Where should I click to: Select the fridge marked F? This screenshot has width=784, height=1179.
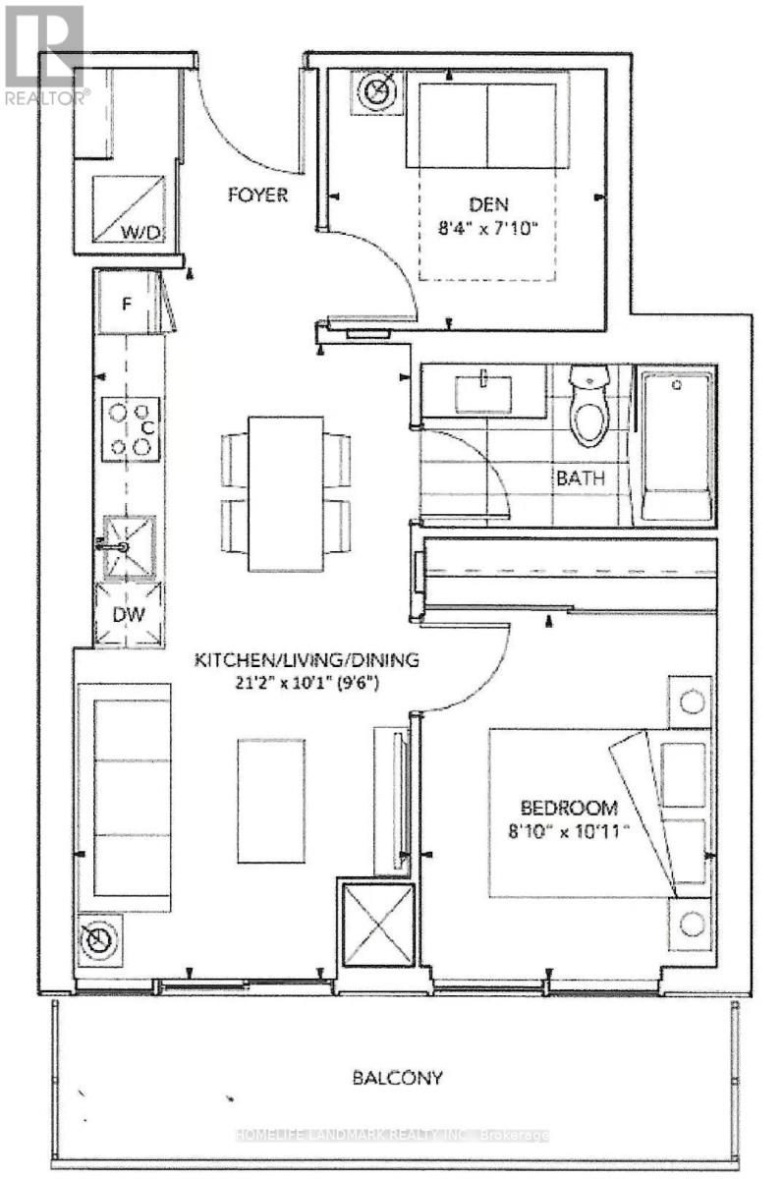126,303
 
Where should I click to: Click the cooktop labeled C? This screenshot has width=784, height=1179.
131,428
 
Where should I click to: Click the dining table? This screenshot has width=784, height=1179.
286,492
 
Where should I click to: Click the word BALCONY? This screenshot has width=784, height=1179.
397,1078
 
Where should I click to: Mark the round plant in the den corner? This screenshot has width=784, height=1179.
376,92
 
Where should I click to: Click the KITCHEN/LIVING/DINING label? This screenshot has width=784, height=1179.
307,660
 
